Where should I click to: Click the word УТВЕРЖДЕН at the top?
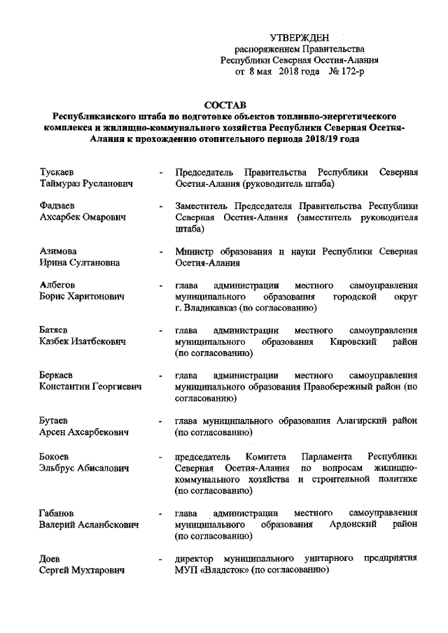(298, 37)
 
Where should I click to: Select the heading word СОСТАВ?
(223, 104)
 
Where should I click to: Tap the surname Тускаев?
(58, 171)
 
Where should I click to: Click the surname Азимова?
(58, 251)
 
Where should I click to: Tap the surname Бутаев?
(54, 421)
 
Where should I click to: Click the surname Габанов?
(58, 513)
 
